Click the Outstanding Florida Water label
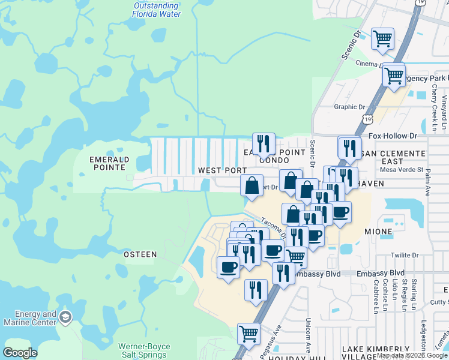[156, 10]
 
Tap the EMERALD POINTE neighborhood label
[109, 164]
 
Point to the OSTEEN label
[140, 254]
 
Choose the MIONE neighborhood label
[378, 231]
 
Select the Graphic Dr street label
[349, 107]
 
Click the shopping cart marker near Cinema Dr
[383, 39]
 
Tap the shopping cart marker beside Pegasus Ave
[249, 333]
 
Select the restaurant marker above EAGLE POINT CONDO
[264, 144]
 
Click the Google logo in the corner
[20, 353]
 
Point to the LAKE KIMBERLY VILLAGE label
[376, 353]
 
